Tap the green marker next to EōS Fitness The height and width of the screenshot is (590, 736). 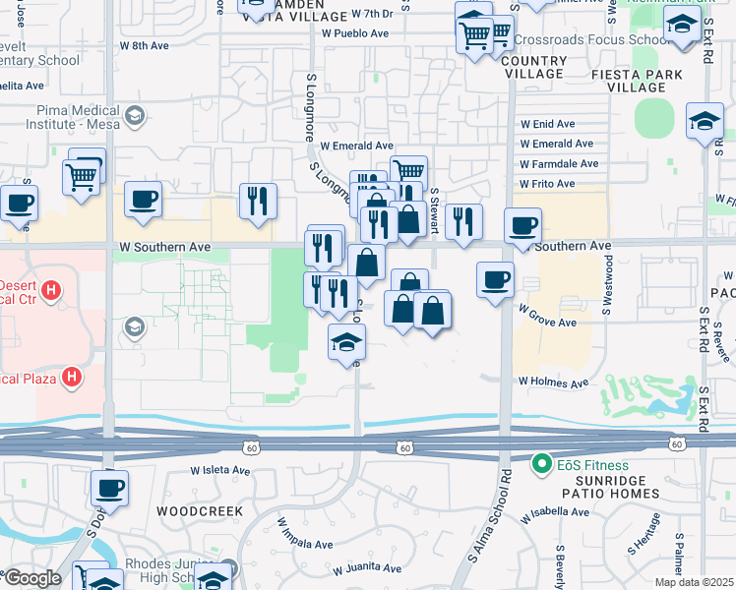[540, 462]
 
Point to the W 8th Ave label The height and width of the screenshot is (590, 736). [145, 45]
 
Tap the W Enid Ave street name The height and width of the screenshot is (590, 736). [548, 124]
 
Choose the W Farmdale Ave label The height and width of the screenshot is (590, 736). [559, 164]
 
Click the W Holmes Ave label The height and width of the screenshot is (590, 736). [554, 383]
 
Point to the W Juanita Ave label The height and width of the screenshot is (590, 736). [367, 568]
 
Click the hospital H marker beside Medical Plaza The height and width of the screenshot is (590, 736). [71, 377]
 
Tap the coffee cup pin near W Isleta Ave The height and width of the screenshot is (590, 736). [109, 488]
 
